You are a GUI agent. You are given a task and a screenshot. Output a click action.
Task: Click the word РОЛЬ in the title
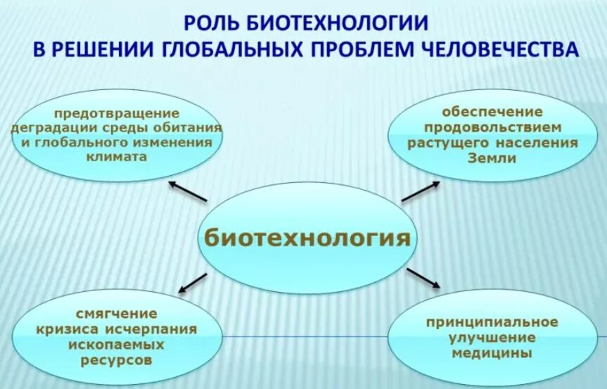pos(212,23)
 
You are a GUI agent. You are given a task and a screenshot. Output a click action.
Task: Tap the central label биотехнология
pos(307,237)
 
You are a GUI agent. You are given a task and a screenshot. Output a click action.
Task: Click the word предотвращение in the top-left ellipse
pos(116,115)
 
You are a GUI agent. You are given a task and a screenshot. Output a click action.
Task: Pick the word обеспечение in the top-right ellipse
pos(492,112)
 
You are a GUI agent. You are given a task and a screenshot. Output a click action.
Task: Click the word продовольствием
pos(492,127)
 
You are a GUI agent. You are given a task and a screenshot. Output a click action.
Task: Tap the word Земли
pos(492,158)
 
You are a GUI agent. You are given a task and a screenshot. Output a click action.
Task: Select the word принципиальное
pos(492,322)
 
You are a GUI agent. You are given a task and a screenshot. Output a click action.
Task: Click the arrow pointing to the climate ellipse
pos(188,191)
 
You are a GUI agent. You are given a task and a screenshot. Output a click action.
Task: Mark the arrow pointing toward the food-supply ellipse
pos(421,191)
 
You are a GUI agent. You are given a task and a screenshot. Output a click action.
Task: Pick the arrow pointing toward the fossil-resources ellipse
pos(192,282)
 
